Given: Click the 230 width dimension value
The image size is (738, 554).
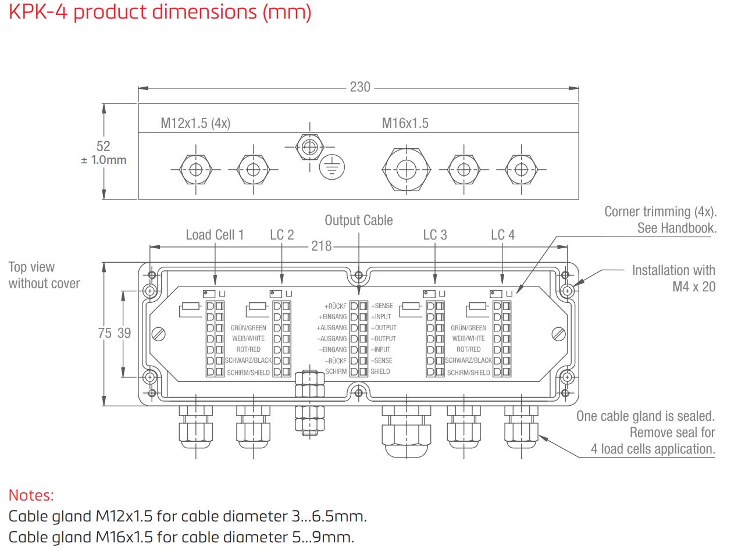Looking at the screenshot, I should [x=360, y=87].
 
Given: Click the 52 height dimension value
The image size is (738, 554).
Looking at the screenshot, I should [x=103, y=146].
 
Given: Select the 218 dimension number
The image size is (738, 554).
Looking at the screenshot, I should [x=321, y=246].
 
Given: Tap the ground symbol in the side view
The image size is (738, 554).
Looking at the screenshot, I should [x=332, y=168].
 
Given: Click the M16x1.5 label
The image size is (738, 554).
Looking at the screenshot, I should [x=405, y=123].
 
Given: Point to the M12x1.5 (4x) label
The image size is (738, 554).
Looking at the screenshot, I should [x=195, y=123].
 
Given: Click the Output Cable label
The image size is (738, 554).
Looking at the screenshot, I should [x=358, y=220].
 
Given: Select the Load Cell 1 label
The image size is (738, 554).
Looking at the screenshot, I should [x=215, y=235].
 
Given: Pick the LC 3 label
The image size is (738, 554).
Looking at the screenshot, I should [x=435, y=235].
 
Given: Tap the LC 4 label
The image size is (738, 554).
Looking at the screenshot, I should [x=502, y=235].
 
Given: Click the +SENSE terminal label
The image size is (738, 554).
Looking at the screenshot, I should [x=382, y=306].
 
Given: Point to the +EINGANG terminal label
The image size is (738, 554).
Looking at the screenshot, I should [x=333, y=317].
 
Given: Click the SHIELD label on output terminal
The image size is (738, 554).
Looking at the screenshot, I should [x=380, y=371].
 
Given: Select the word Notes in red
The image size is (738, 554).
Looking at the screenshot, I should [x=31, y=495].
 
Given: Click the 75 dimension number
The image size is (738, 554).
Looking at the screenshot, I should [x=105, y=333].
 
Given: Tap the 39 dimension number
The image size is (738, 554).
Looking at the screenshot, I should [x=124, y=333].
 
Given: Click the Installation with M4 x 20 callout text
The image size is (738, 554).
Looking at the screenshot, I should [x=673, y=278].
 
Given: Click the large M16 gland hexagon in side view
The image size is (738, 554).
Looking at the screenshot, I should [x=405, y=169].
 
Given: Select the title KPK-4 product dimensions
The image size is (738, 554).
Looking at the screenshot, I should [x=160, y=12].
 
